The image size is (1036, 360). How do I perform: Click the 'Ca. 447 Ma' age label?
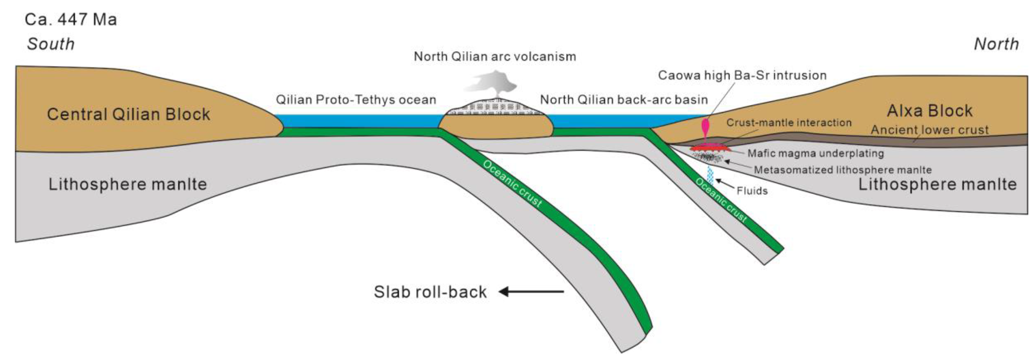click(71, 19)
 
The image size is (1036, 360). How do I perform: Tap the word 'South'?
click(51, 44)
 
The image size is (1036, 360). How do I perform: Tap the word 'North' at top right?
click(996, 44)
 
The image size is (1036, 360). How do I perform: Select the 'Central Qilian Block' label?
click(128, 114)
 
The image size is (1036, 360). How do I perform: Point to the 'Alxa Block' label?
click(929, 111)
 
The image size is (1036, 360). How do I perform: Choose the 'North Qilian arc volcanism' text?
click(495, 56)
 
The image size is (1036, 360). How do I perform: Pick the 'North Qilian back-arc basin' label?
click(624, 99)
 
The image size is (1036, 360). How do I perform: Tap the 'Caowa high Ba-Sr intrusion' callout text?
click(742, 75)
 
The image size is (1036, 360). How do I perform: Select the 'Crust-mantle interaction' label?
click(789, 123)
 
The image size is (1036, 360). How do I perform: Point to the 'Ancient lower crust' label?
click(929, 130)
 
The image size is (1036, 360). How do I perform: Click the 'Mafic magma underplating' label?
click(816, 153)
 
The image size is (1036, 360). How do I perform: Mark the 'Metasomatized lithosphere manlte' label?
click(843, 170)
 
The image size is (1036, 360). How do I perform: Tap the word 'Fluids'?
click(752, 191)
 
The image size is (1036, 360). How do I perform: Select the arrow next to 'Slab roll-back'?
click(531, 292)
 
